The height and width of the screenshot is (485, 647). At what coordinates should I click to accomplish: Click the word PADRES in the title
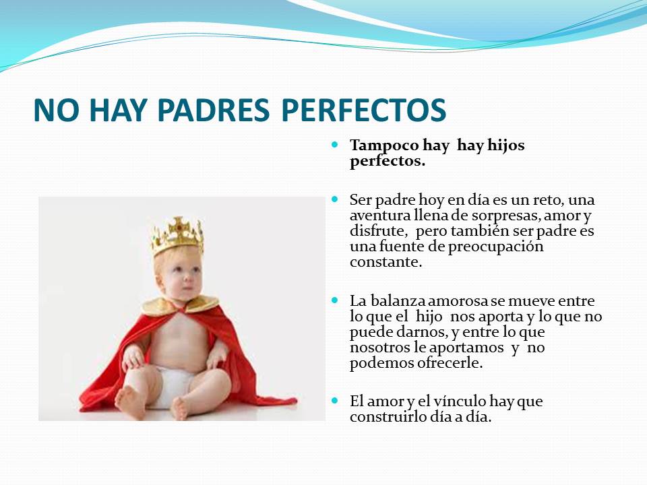coord(214,110)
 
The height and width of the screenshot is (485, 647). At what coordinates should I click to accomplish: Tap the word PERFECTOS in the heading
coord(364,110)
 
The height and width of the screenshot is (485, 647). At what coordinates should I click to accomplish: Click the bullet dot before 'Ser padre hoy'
coord(335,199)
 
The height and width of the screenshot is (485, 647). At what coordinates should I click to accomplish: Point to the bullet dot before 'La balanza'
coord(335,300)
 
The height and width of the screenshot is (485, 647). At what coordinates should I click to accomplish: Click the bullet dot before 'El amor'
coord(335,400)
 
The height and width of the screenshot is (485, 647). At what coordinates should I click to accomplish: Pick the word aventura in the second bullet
coord(380,216)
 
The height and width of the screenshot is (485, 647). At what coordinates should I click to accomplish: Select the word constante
coord(386,262)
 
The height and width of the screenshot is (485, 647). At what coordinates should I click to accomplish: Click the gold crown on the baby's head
coord(178,236)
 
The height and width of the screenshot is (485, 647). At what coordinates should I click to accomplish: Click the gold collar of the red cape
coord(180,306)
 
